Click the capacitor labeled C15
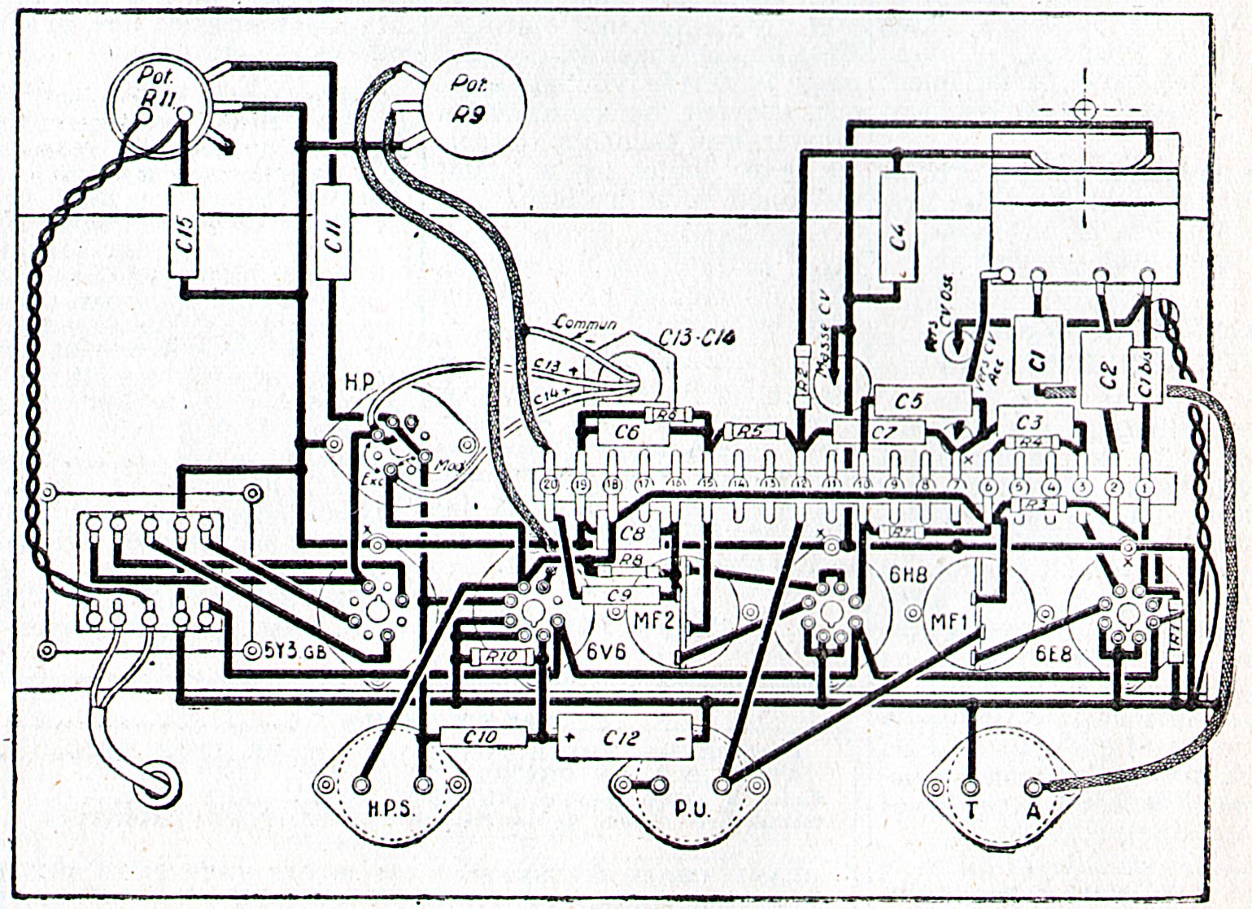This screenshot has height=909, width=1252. (x=185, y=232)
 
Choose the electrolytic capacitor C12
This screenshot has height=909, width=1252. (x=624, y=738)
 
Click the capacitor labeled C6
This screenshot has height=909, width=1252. (x=626, y=433)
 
